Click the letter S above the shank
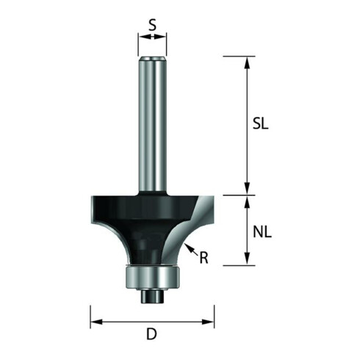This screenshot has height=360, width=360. [x=152, y=25]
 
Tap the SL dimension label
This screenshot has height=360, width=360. [x=261, y=123]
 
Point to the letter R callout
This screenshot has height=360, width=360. [x=204, y=258]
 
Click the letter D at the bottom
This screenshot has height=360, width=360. [x=151, y=334]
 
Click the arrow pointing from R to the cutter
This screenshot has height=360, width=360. [x=192, y=250]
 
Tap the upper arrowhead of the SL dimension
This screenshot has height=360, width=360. [x=248, y=63]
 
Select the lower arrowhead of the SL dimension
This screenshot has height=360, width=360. [x=248, y=189]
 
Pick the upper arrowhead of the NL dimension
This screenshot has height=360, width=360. [x=248, y=202]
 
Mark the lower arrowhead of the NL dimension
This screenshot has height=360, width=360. [x=248, y=259]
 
